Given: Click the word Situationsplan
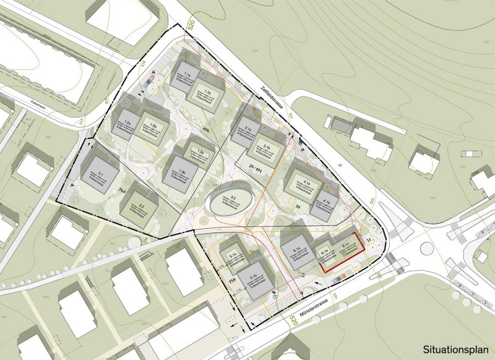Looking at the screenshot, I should pos(455,349).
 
